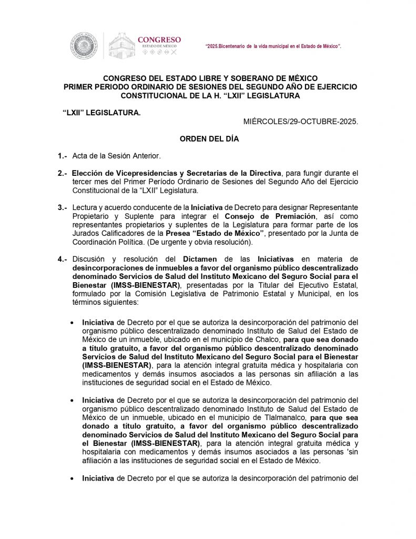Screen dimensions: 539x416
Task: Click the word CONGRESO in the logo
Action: pos(159,39)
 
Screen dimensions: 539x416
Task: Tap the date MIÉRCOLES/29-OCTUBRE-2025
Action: pos(301,121)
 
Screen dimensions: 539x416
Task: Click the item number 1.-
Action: pos(63,156)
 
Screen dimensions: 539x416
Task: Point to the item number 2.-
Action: pos(63,173)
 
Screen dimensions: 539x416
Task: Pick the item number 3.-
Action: pos(63,207)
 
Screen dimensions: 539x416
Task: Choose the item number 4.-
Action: pos(63,259)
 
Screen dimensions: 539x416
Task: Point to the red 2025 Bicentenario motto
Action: pos(273,47)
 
